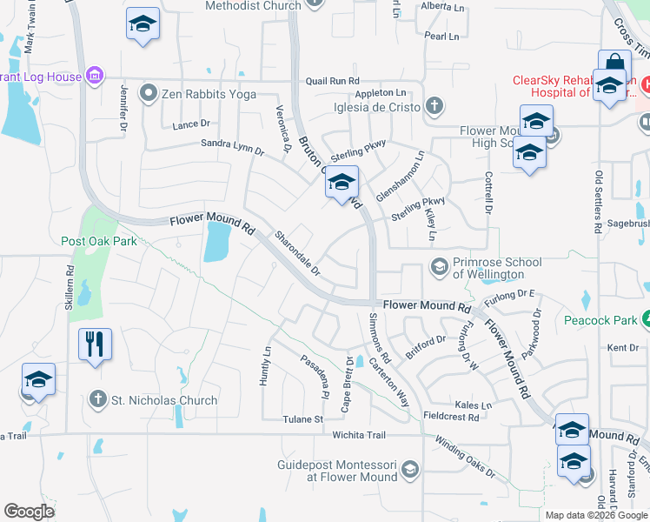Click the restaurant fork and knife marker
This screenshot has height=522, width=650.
pos(95,343)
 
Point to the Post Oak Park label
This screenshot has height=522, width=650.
pos(98,241)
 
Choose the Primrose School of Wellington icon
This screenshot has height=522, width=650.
pos(440,266)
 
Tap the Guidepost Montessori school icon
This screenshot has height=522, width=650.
pos(410,471)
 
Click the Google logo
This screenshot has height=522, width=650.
pos(29,512)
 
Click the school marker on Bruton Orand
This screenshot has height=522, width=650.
pos(342,184)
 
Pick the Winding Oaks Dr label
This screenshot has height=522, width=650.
pos(466,461)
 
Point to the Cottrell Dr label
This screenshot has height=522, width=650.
pos(488,192)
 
